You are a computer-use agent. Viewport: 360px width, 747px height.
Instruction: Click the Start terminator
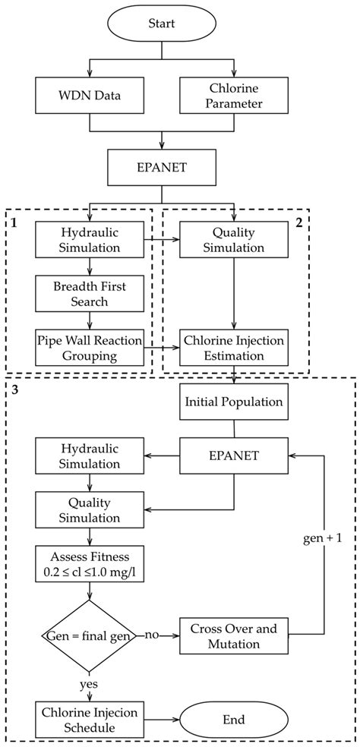click(161, 24)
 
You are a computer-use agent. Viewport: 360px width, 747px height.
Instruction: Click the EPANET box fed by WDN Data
click(161, 165)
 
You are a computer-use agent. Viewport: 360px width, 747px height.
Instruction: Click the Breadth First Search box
click(90, 293)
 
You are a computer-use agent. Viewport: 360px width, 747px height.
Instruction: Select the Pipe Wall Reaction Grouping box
click(90, 348)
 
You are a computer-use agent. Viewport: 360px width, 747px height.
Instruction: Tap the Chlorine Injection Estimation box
click(234, 348)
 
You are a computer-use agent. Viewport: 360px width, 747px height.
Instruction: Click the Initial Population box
click(234, 402)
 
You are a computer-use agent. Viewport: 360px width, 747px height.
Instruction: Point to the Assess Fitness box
click(90, 563)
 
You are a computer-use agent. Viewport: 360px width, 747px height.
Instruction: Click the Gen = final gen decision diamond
click(90, 632)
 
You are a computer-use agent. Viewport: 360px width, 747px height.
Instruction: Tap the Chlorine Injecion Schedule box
click(90, 717)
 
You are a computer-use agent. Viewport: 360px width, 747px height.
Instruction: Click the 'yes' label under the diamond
click(90, 684)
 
